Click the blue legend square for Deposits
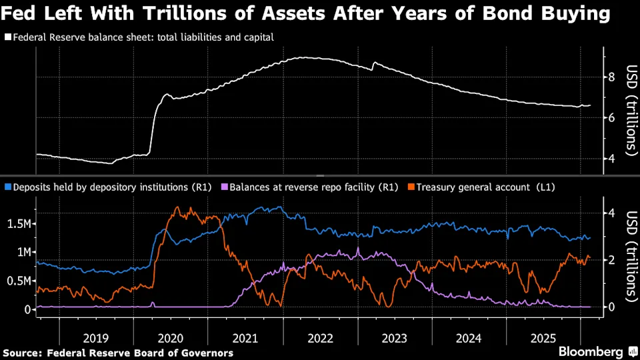(7, 188)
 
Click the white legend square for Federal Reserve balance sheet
(7, 38)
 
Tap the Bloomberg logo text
(587, 351)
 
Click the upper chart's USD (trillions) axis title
(629, 110)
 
